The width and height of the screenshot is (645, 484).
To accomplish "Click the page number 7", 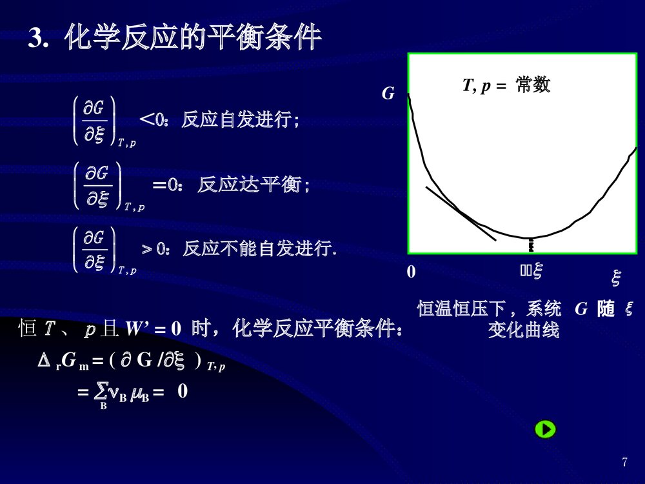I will pos(624,462).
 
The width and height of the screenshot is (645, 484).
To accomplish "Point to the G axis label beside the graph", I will pos(388,94).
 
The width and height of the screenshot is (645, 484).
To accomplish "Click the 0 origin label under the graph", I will pos(412,273).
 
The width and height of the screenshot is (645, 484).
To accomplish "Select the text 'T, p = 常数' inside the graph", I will pos(506,86).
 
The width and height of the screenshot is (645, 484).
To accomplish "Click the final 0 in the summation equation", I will pos(183,390).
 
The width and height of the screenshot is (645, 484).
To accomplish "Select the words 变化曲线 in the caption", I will pos(523,330).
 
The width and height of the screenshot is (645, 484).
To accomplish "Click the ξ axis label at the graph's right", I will pos(616,278).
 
